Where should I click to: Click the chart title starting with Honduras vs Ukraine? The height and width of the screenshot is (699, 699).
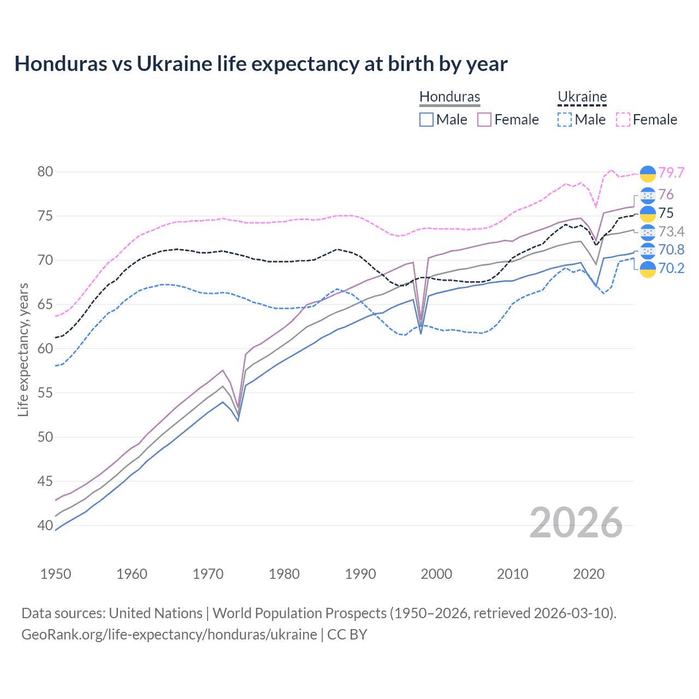[x=261, y=64]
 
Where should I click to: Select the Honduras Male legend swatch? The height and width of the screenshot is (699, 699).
[x=426, y=120]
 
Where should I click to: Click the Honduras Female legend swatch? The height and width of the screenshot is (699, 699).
[x=484, y=120]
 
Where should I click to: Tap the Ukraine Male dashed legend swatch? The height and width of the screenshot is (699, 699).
[x=565, y=120]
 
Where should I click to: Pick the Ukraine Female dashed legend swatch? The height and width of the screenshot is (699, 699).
[x=623, y=120]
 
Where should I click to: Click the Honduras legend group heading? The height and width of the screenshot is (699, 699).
[x=449, y=97]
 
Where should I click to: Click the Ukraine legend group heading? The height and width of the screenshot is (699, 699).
[x=582, y=97]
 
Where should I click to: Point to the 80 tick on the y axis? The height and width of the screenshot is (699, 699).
[x=45, y=171]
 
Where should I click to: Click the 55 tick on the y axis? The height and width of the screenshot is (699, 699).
[x=45, y=393]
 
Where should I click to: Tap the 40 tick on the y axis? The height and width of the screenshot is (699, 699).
[x=45, y=525]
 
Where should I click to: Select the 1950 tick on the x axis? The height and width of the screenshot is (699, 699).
[x=56, y=574]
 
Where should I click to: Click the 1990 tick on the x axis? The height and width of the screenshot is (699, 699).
[x=360, y=574]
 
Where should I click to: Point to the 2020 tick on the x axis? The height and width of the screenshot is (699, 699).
[x=589, y=574]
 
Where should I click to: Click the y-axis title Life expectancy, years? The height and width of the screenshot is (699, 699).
[x=23, y=349]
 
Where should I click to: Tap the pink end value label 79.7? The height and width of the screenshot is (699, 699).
[x=671, y=173]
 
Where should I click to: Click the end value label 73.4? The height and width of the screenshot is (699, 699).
[x=671, y=232]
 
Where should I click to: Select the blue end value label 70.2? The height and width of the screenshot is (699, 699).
[x=671, y=268]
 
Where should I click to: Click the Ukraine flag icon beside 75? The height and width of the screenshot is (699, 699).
[x=648, y=214]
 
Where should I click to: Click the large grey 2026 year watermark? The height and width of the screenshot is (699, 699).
[x=576, y=523]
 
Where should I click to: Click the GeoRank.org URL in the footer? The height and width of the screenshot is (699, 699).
[x=169, y=635]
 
